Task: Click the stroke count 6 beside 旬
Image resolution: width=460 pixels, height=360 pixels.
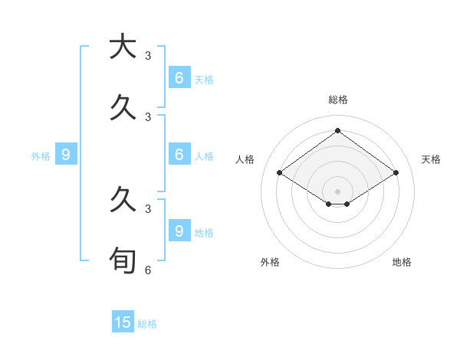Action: pyautogui.click(x=148, y=270)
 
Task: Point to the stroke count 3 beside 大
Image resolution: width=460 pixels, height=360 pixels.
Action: pyautogui.click(x=148, y=55)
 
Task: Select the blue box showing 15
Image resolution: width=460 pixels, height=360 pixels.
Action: pyautogui.click(x=123, y=322)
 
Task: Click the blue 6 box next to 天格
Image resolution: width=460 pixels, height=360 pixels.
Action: pyautogui.click(x=179, y=77)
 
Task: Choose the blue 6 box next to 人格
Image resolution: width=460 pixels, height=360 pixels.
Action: pyautogui.click(x=179, y=155)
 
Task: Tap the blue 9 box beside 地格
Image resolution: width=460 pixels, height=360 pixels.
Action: pyautogui.click(x=179, y=231)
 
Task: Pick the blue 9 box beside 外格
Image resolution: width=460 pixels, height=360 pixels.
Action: pyautogui.click(x=66, y=155)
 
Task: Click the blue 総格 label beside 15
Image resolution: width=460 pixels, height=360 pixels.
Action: pyautogui.click(x=147, y=324)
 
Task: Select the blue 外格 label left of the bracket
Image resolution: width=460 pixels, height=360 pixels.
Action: pyautogui.click(x=41, y=156)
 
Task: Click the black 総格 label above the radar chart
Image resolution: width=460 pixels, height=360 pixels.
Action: pyautogui.click(x=337, y=100)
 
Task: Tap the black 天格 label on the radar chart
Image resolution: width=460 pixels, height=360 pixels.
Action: pyautogui.click(x=431, y=159)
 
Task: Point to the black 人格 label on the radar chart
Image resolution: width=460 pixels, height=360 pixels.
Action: pyautogui.click(x=245, y=159)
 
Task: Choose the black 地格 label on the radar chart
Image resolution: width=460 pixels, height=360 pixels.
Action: pyautogui.click(x=402, y=262)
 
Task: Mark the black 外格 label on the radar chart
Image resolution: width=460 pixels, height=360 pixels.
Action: pyautogui.click(x=270, y=262)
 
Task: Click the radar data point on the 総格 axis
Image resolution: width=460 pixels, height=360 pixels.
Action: pyautogui.click(x=337, y=130)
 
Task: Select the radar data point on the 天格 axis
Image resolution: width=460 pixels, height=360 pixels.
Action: pyautogui.click(x=396, y=173)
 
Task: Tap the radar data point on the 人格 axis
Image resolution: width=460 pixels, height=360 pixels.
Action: pyautogui.click(x=279, y=173)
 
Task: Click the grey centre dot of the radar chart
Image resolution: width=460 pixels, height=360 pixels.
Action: pyautogui.click(x=337, y=191)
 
